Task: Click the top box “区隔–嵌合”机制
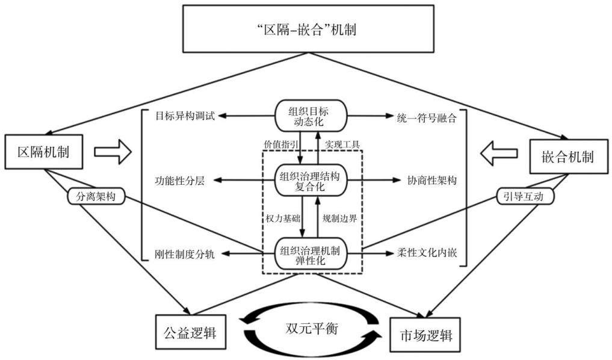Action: [308, 28]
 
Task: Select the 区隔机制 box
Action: [44, 152]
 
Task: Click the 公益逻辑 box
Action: [191, 332]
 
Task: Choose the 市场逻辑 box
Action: [425, 335]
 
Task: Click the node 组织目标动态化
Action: [311, 116]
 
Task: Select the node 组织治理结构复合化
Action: [311, 181]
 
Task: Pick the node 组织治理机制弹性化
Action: [311, 254]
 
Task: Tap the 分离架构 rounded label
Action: [96, 196]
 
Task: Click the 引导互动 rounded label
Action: [525, 196]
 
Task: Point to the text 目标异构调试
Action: [185, 116]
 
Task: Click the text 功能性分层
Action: [180, 181]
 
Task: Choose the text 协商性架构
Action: [431, 181]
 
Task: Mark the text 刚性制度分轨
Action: [185, 254]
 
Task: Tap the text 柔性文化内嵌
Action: [427, 253]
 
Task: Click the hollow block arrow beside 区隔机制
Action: [113, 152]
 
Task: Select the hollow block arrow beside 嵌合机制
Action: [499, 154]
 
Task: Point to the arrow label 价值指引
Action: [280, 144]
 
